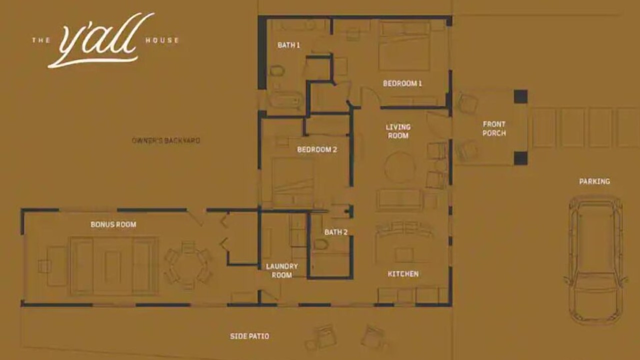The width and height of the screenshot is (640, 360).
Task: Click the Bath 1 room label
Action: (x=288, y=45)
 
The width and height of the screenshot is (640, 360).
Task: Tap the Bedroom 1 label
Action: (x=402, y=83)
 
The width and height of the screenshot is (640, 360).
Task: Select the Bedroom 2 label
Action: (x=317, y=149)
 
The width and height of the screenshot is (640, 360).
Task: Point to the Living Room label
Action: (x=398, y=131)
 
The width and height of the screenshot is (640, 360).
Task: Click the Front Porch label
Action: (x=494, y=128)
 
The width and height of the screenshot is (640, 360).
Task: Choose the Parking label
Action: (x=594, y=181)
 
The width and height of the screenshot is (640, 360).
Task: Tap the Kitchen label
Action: (x=403, y=274)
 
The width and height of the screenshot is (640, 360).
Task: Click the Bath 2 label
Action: (x=336, y=232)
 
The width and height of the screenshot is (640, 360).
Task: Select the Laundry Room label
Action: (x=281, y=271)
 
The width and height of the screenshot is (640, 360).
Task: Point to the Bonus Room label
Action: (x=113, y=224)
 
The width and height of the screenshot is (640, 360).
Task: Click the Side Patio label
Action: (x=249, y=336)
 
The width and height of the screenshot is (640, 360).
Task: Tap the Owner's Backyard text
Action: (x=165, y=140)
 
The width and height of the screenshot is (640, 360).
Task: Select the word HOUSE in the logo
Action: (x=162, y=40)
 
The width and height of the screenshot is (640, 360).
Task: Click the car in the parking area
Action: (x=595, y=260)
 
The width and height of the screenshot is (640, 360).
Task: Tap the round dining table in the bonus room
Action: (x=187, y=265)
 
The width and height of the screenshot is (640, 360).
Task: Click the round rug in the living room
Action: (x=399, y=168)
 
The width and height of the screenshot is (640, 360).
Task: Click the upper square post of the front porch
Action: (x=520, y=96)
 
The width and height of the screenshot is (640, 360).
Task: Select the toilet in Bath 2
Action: (x=321, y=245)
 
